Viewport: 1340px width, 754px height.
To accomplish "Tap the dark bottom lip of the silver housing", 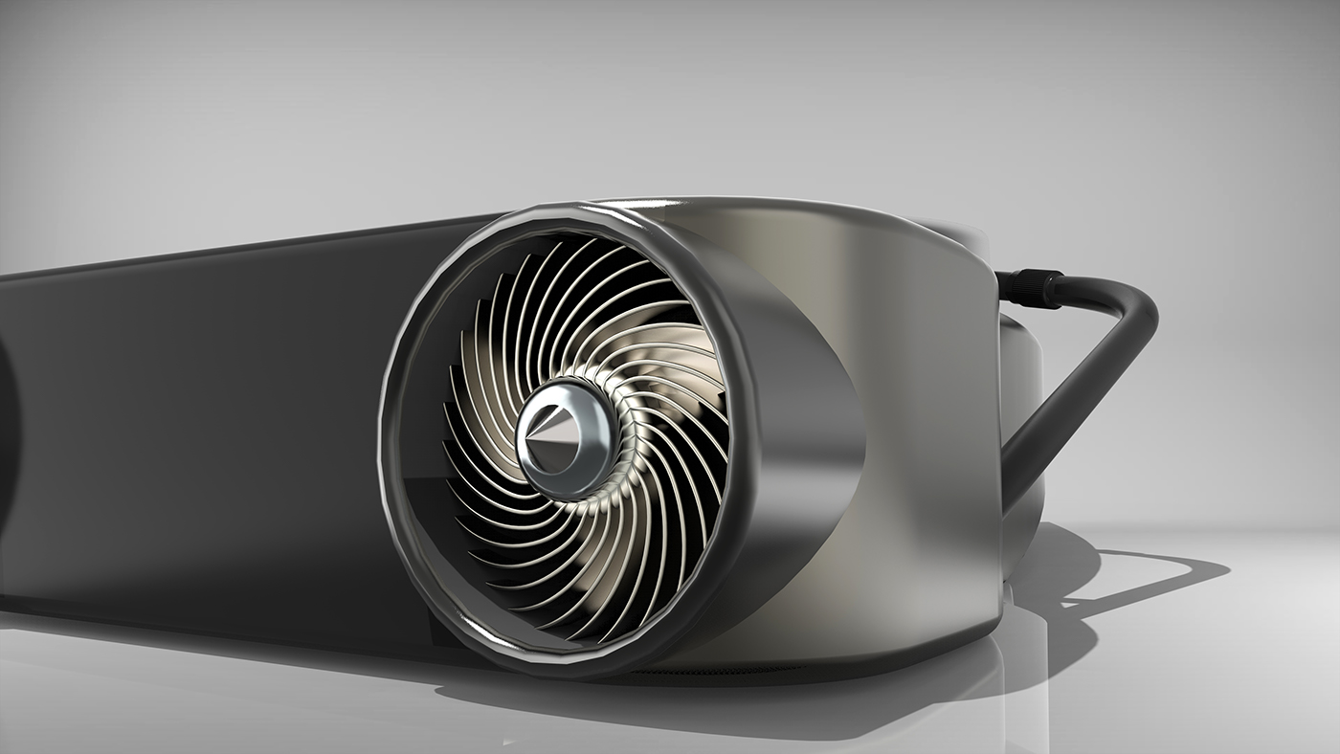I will pos(861,660).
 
